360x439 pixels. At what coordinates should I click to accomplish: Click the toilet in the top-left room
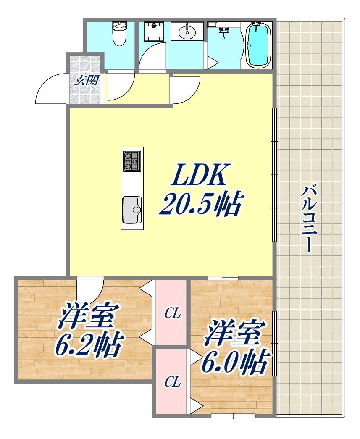tap(119, 34)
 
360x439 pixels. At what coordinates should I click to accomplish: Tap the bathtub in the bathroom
tap(258, 45)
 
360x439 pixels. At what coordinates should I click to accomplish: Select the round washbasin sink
tap(187, 32)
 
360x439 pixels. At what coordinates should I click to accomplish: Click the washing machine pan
tap(154, 31)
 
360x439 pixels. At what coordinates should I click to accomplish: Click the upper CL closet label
tap(172, 313)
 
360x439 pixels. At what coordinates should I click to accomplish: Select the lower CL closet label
tap(172, 382)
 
